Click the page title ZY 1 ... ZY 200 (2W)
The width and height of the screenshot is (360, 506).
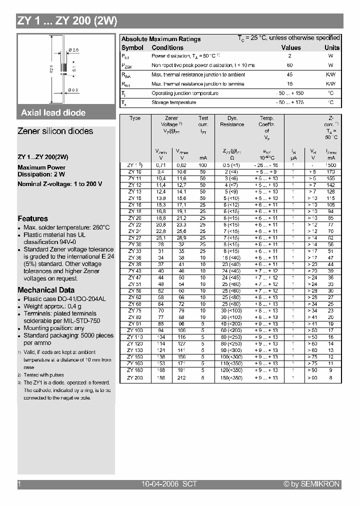point(67,21)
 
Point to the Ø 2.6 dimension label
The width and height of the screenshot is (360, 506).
point(73,49)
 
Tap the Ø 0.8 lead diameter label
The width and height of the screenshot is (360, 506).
point(72,90)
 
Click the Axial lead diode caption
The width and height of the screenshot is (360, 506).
point(53,113)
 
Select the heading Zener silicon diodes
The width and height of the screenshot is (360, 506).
point(55,131)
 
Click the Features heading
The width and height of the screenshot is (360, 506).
point(32,218)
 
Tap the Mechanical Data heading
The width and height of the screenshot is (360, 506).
point(46,290)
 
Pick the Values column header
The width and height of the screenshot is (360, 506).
point(291,48)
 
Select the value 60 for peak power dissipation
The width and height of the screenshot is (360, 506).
point(290,65)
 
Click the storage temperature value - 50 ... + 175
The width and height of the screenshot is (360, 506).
point(290,102)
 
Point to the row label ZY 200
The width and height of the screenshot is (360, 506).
point(134,377)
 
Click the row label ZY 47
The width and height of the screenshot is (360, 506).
point(134,277)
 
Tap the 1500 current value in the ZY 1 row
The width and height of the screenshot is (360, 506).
point(330,165)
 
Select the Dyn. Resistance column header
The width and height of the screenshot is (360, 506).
point(232,121)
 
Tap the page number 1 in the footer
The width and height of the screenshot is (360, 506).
point(19,484)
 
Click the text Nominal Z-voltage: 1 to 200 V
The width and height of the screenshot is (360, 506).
point(59,184)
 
